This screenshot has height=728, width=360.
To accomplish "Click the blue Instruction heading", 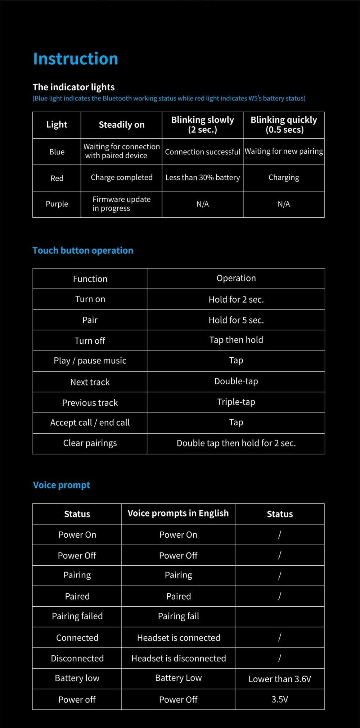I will [x=76, y=59].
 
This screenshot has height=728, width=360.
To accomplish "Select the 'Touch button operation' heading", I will [x=83, y=250].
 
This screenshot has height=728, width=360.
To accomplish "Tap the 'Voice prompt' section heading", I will [x=62, y=485].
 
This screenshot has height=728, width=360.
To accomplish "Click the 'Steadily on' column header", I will [x=122, y=125].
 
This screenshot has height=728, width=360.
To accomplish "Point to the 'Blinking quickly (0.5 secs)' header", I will [x=284, y=125].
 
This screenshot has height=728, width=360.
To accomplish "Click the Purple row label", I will [x=57, y=204].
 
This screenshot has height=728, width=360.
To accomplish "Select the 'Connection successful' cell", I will [x=202, y=152].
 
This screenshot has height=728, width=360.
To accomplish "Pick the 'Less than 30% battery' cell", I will [x=202, y=178].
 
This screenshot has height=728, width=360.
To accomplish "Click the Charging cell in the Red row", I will [x=284, y=178].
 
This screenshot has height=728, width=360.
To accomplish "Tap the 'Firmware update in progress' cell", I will [x=121, y=204].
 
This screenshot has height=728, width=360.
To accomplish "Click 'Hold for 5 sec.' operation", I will [x=236, y=320].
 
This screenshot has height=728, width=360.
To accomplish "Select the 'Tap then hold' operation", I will [x=236, y=340].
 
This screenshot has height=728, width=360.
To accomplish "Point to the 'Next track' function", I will [x=90, y=382].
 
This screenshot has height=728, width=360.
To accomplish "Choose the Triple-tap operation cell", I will [x=236, y=402].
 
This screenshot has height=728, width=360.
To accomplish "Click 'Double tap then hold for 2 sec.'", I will [x=236, y=443].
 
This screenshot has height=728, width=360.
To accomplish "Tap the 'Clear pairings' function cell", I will [x=90, y=443].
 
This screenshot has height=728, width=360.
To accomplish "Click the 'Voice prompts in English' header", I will [x=178, y=514].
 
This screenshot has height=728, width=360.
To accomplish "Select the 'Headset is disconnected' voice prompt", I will [x=179, y=659].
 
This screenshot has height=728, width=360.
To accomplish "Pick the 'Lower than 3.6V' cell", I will [x=280, y=679].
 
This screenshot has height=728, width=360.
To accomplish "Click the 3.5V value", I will [x=280, y=700].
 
